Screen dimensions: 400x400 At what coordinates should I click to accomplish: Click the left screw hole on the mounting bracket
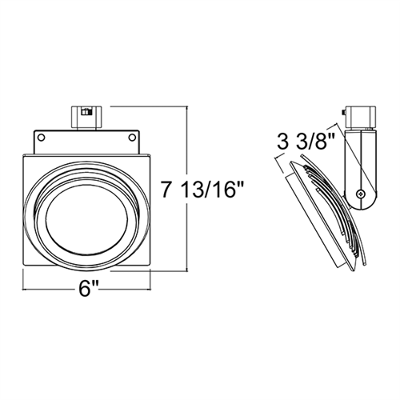point(41,138)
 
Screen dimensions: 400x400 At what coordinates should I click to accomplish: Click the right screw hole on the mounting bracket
point(130,138)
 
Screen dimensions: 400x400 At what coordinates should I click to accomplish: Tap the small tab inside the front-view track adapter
point(85,112)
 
